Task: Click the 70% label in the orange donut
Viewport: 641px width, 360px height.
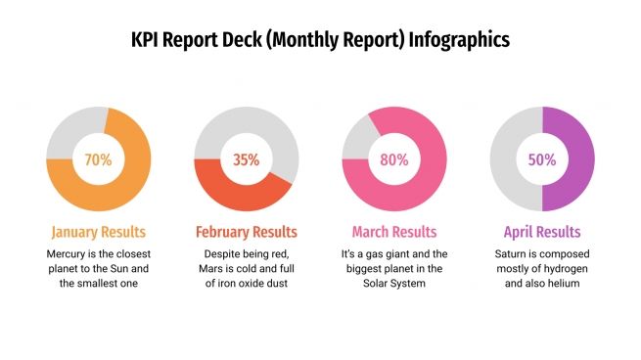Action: [x=98, y=159]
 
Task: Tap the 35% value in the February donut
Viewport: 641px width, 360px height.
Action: [x=246, y=159]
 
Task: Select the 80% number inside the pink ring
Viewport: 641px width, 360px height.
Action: [x=393, y=159]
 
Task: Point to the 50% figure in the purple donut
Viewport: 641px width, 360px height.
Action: [x=541, y=159]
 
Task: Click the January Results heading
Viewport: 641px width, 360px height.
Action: [x=98, y=233]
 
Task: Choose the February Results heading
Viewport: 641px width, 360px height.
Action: [x=246, y=233]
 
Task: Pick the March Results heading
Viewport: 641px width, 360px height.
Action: [x=393, y=233]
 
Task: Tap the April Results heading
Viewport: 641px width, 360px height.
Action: [x=541, y=233]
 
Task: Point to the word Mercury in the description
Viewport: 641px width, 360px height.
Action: [x=69, y=253]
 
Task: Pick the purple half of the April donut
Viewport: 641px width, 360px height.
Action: [x=577, y=159]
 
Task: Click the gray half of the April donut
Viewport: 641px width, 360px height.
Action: [x=506, y=159]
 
